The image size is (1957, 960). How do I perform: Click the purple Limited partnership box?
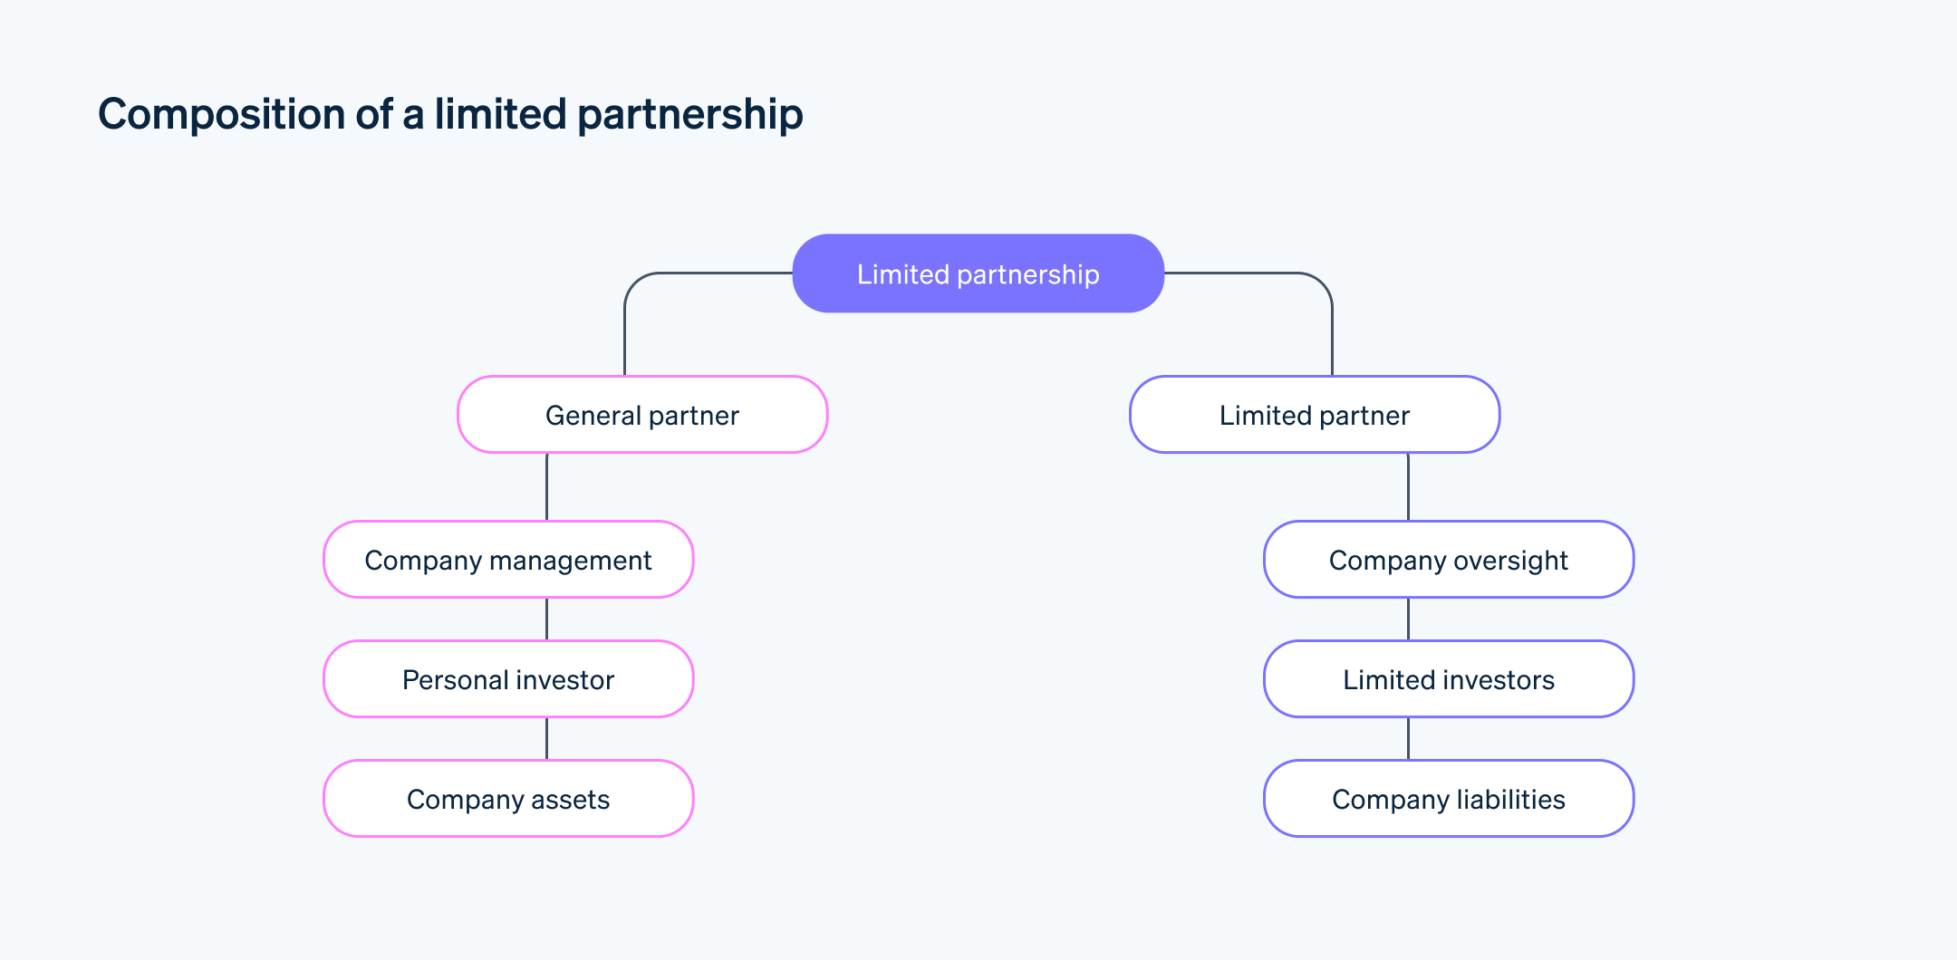click(978, 274)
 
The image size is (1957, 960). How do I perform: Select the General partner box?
click(642, 415)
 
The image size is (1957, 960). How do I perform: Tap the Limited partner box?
click(1314, 415)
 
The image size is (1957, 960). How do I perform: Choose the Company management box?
click(508, 560)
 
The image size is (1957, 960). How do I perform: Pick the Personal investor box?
click(508, 679)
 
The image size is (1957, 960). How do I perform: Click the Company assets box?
click(508, 799)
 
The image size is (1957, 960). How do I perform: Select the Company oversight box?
click(1448, 560)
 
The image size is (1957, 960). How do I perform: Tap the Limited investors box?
click(1448, 679)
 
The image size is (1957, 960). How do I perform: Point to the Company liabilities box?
click(1448, 799)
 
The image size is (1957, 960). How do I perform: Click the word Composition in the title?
click(221, 115)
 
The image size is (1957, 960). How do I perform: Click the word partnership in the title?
click(689, 115)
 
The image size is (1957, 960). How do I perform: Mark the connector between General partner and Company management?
click(546, 486)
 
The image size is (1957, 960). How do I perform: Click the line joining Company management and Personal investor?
click(546, 619)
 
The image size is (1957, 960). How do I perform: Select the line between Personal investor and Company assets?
click(546, 738)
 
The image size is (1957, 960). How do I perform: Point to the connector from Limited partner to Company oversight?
click(1408, 486)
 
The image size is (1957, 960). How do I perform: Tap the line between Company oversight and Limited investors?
click(1408, 619)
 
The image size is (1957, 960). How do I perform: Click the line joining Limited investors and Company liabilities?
click(1408, 738)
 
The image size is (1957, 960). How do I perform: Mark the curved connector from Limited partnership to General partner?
click(625, 326)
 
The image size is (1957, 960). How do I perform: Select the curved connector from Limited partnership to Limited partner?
click(1332, 326)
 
